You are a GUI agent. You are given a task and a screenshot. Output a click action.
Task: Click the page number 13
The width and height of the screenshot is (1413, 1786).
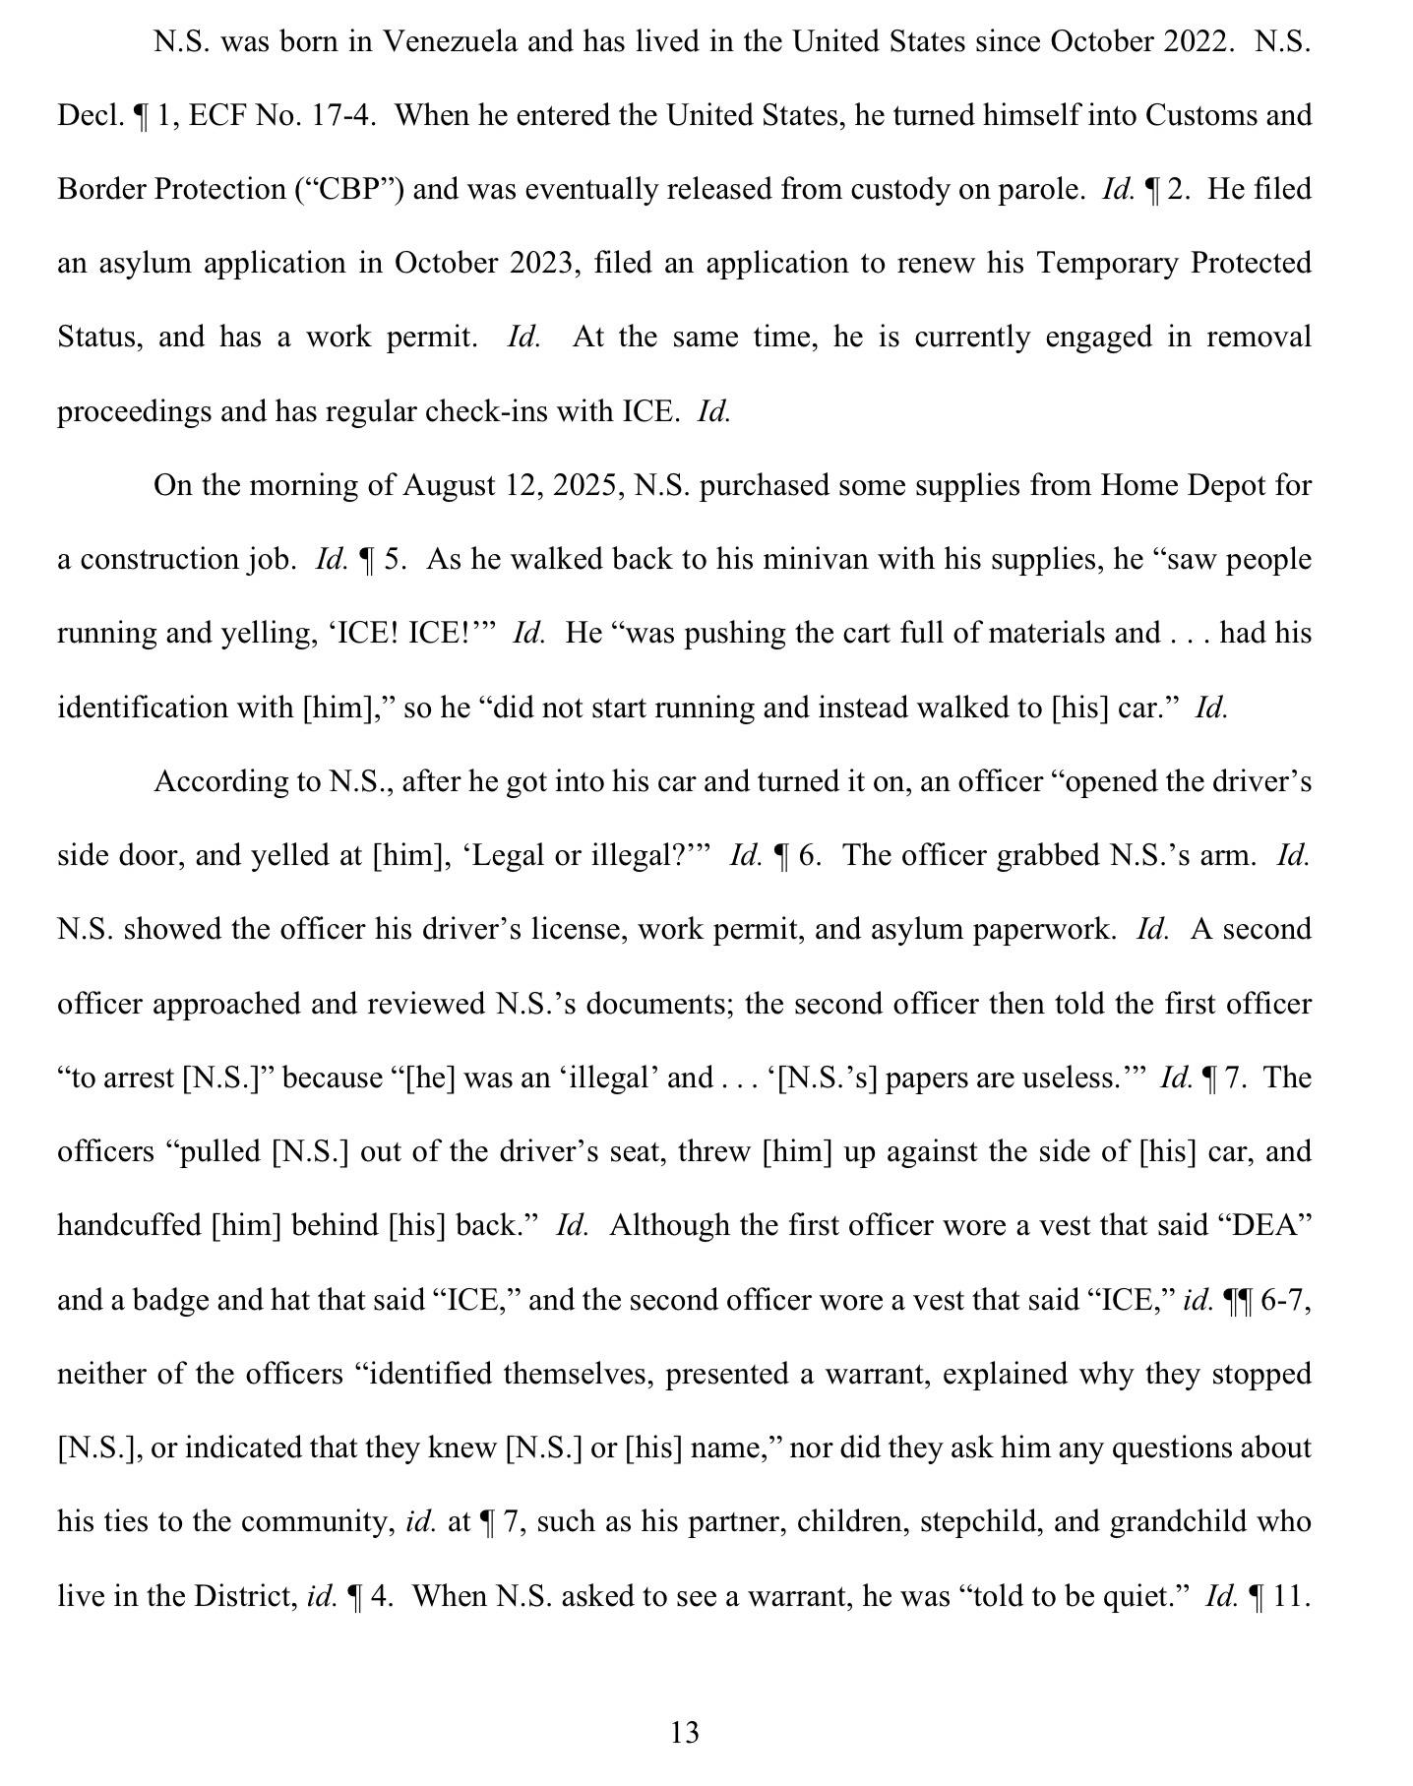click(685, 1732)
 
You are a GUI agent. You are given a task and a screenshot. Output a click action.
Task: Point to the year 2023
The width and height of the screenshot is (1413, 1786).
click(541, 263)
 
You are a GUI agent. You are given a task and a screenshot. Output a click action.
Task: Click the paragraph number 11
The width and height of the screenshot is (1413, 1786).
click(1290, 1595)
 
